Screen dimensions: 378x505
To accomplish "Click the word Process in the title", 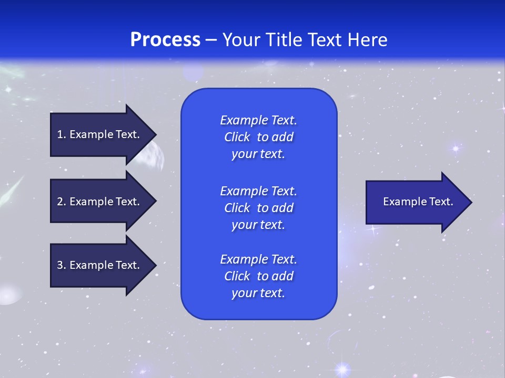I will pyautogui.click(x=165, y=40).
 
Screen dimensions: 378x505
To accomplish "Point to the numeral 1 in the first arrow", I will pyautogui.click(x=60, y=134).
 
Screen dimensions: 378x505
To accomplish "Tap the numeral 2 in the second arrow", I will pyautogui.click(x=60, y=202).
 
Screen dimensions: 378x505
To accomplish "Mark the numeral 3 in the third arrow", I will pyautogui.click(x=60, y=265).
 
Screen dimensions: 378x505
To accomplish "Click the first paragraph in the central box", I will pyautogui.click(x=258, y=137).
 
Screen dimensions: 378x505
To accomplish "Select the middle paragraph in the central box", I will pyautogui.click(x=258, y=208).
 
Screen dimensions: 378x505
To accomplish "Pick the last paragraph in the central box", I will pyautogui.click(x=258, y=276).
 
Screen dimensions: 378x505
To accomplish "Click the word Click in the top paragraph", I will pyautogui.click(x=237, y=137).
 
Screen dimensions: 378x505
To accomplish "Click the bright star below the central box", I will pyautogui.click(x=343, y=369).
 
